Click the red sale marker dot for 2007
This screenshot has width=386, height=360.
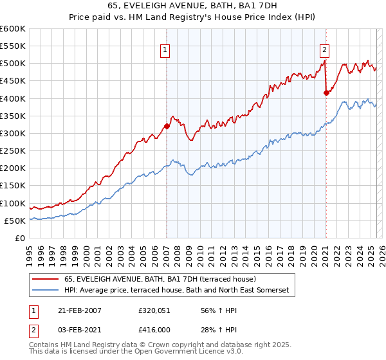167,126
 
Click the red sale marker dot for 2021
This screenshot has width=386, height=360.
326,93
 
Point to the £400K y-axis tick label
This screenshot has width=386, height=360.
13,98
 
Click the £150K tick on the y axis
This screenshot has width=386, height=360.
13,186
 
